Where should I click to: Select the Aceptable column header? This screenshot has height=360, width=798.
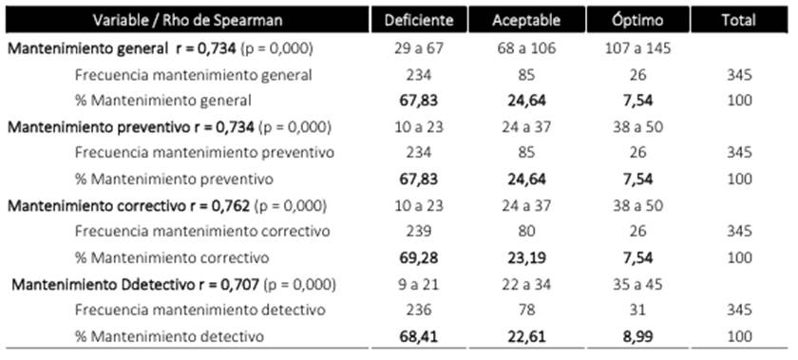click(526, 20)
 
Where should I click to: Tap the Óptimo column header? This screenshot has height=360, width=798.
click(635, 20)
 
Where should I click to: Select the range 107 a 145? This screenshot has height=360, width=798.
click(635, 47)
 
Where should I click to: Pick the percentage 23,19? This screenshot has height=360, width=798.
click(526, 257)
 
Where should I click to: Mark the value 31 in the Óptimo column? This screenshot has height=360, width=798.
click(635, 310)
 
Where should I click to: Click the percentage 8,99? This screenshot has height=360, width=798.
click(635, 336)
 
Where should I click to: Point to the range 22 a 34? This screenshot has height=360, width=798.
click(526, 283)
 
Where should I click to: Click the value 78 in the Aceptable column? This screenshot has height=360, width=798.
click(526, 310)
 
